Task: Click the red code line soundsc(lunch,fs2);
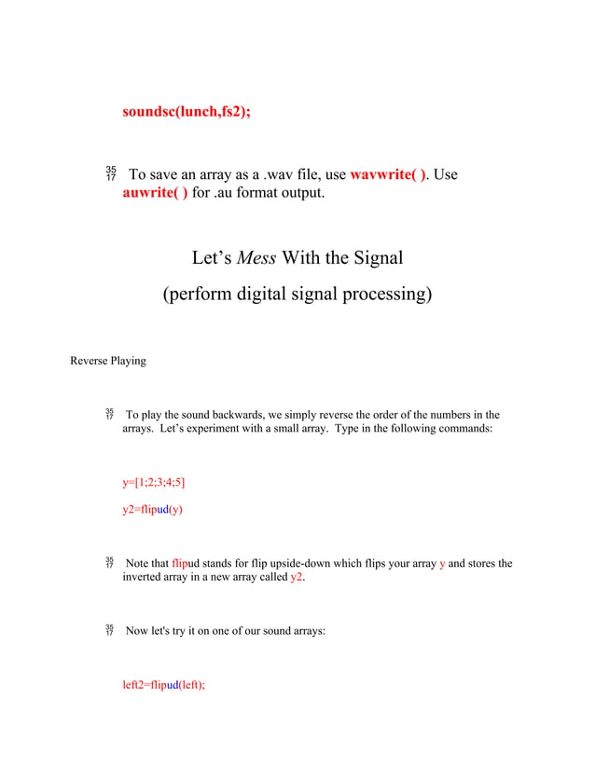[187, 111]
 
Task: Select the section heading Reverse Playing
[108, 361]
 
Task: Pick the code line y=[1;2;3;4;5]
[154, 482]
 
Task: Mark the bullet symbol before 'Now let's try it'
[110, 631]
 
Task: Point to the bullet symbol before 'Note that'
[110, 564]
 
